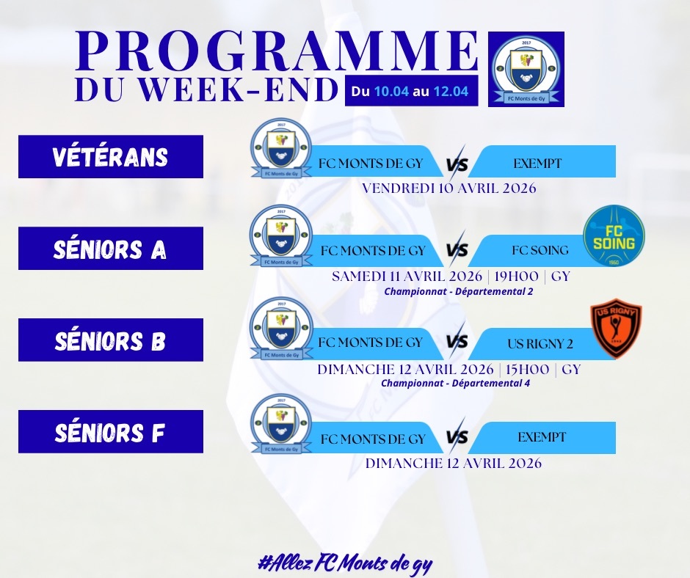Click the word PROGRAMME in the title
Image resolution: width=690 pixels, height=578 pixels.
tap(276, 51)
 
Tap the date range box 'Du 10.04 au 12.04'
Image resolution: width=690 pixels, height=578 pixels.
tap(411, 91)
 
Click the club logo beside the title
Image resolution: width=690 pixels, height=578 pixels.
tap(526, 69)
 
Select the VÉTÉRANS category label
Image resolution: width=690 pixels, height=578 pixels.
tap(110, 156)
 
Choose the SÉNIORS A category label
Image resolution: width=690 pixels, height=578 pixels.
tap(110, 249)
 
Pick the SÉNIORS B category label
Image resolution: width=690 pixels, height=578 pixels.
tap(110, 340)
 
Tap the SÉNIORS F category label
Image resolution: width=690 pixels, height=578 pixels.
tap(110, 432)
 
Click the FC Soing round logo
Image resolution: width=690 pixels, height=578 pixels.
tap(614, 236)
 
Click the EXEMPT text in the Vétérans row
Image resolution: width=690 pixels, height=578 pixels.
tap(537, 164)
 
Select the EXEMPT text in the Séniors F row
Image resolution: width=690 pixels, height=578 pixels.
tap(542, 437)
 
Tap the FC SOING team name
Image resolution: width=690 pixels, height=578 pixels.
tap(540, 250)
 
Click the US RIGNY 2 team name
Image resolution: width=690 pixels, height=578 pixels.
tap(540, 343)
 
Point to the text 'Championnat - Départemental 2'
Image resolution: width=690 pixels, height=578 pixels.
tap(459, 291)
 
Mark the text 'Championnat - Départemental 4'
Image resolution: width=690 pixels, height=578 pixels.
tap(455, 383)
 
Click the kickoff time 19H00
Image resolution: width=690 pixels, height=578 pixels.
tap(516, 277)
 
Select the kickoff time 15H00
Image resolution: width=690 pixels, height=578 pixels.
tap(527, 370)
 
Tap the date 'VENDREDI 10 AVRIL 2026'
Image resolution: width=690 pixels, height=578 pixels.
tap(449, 189)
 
